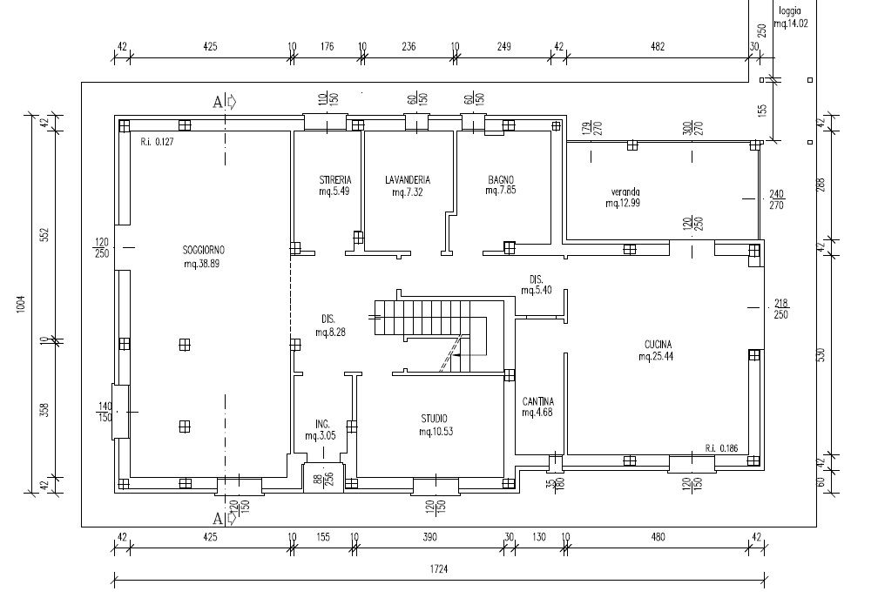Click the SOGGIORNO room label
(201, 251)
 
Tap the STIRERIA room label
(334, 180)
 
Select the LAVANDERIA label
(407, 180)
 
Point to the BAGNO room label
(502, 180)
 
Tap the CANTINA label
(538, 401)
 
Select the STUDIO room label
(436, 420)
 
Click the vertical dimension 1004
(20, 305)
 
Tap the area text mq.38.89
(201, 263)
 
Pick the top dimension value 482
(658, 47)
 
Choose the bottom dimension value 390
(429, 538)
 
